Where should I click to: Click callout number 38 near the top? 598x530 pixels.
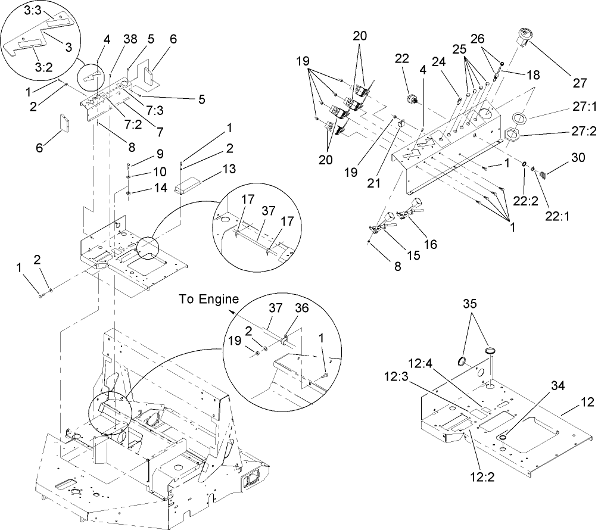(130, 40)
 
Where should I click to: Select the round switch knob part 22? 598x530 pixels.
(409, 98)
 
